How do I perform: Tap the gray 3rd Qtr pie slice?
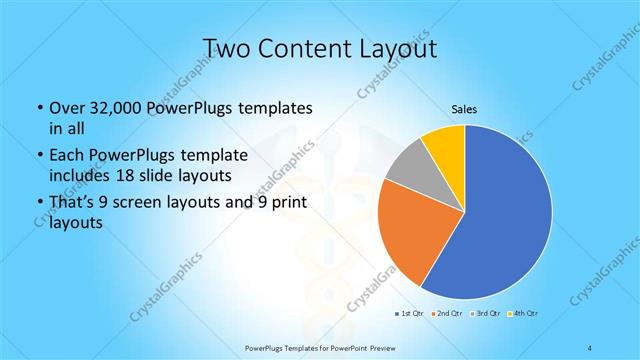[x=406, y=168]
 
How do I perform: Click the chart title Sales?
[x=465, y=110]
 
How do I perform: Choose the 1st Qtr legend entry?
[x=410, y=314]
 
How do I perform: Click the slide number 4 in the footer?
[x=591, y=346]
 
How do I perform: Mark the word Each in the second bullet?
[x=66, y=155]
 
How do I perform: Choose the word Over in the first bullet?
[x=67, y=108]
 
